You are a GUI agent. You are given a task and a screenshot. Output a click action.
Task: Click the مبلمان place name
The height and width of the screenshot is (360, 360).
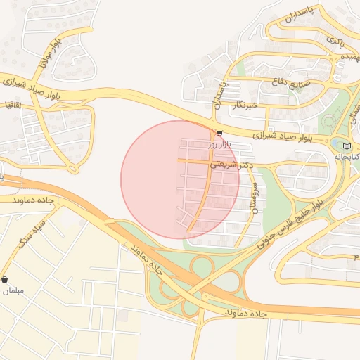(13, 290)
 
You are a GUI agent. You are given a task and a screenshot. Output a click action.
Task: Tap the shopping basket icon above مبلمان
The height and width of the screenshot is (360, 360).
(6, 279)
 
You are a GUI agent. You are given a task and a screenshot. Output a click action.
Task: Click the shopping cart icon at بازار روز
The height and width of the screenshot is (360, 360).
(219, 134)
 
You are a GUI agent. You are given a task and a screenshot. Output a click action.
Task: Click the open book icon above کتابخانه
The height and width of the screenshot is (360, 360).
(346, 146)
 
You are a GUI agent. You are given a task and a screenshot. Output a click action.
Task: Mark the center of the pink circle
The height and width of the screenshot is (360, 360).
(180, 179)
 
